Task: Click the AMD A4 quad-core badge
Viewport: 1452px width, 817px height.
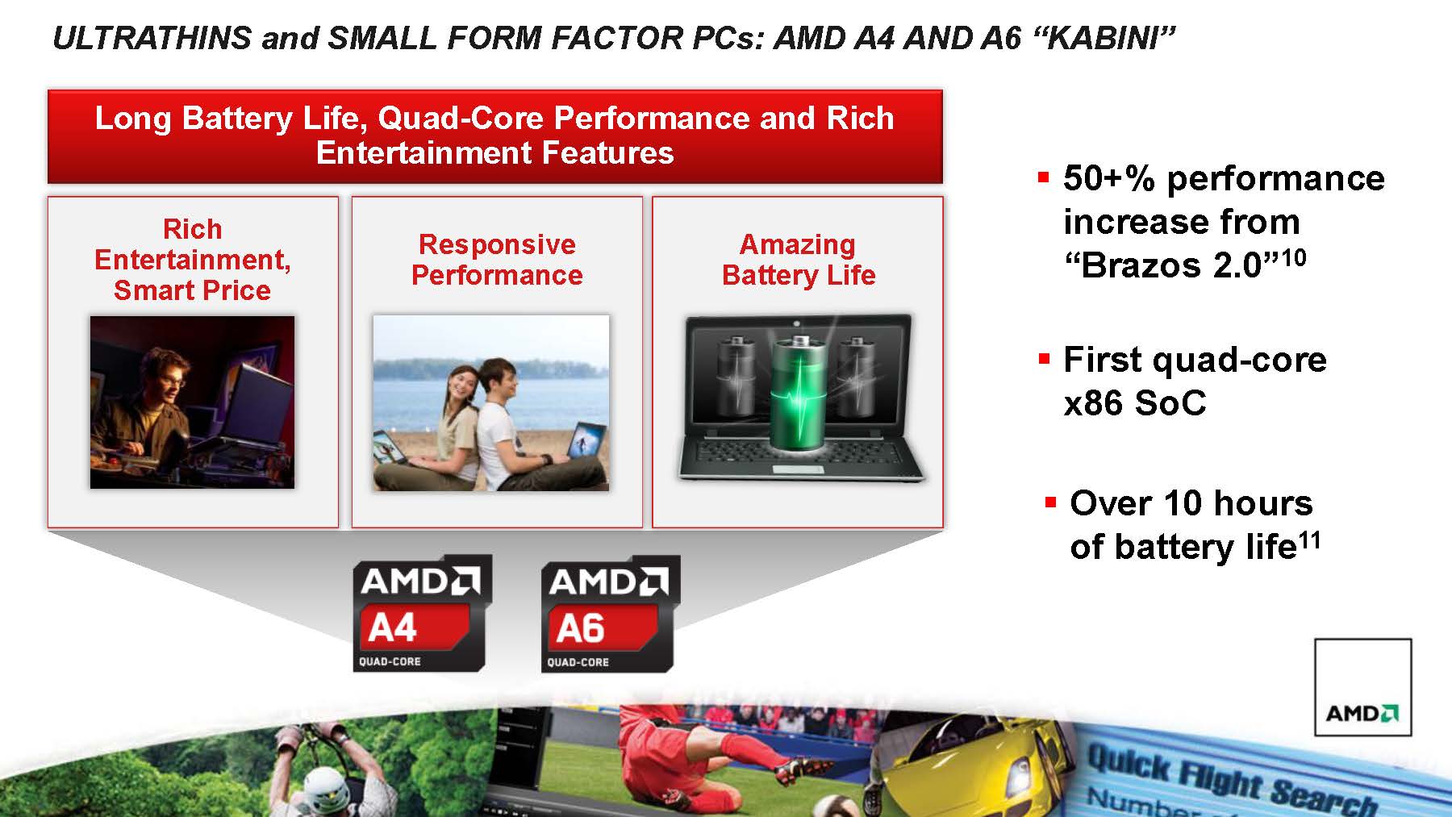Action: click(421, 613)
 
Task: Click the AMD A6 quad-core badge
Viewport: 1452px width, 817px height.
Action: click(610, 613)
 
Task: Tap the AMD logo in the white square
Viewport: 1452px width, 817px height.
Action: click(1362, 713)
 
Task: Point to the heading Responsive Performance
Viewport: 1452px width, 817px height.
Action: click(497, 260)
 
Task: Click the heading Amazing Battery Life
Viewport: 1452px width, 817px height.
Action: click(799, 260)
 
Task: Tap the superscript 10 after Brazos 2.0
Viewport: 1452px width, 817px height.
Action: click(1293, 258)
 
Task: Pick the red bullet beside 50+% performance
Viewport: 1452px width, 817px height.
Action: click(1045, 177)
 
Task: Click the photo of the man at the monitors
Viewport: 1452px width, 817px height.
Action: click(192, 402)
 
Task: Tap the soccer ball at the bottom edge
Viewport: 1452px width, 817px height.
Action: click(827, 807)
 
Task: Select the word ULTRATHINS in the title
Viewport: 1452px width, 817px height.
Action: click(152, 38)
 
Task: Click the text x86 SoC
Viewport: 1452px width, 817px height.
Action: click(1135, 402)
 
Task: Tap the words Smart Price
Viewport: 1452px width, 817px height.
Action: click(192, 290)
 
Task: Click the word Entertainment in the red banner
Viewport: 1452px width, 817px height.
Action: click(423, 152)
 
